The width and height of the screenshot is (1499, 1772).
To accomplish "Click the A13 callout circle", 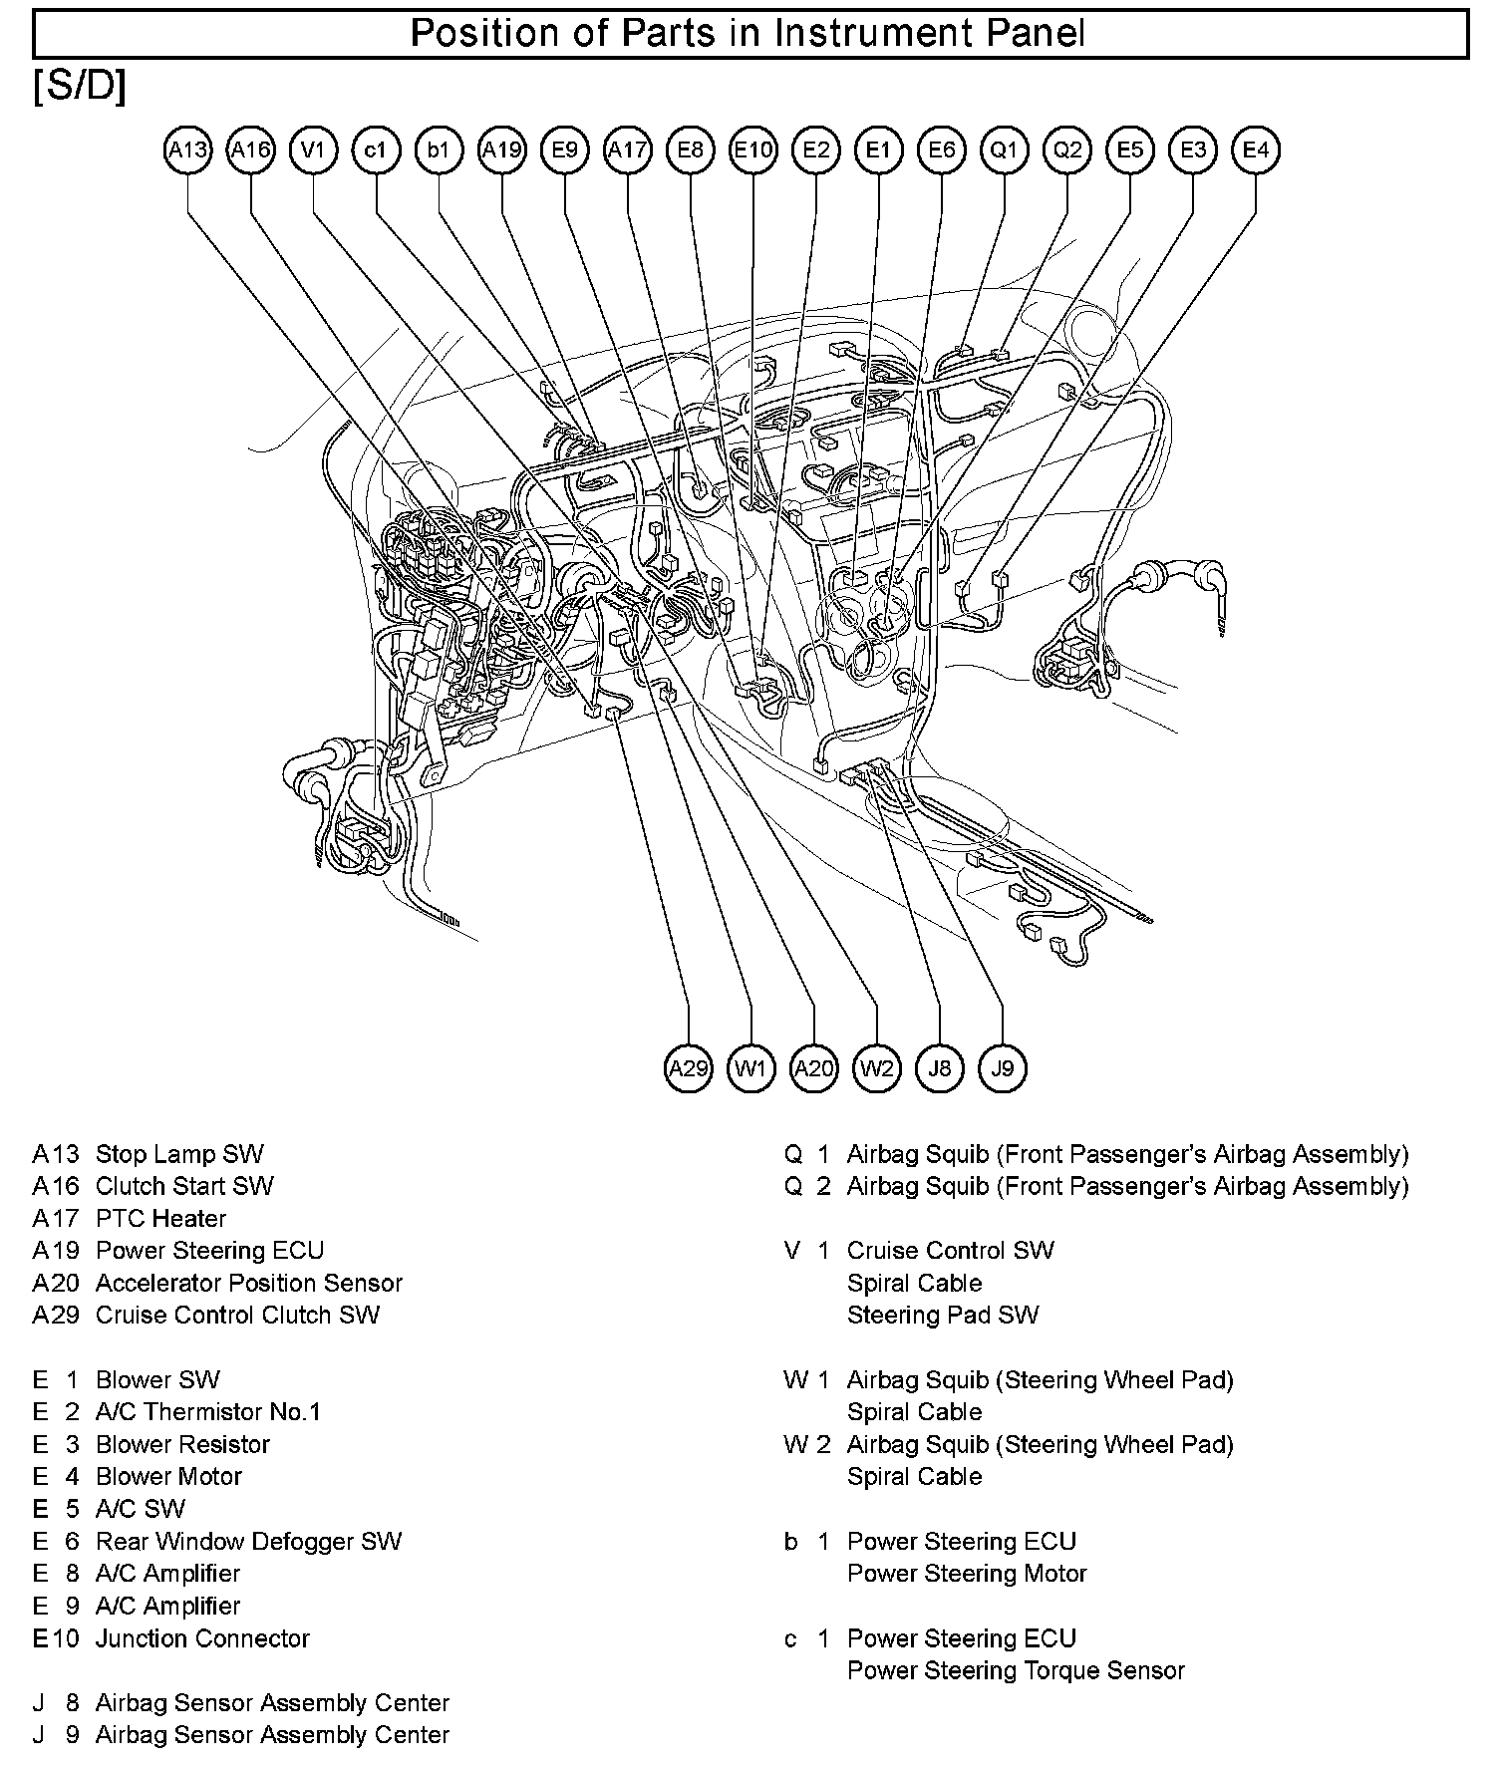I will (x=187, y=150).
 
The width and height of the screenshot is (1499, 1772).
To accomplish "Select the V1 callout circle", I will (x=313, y=150).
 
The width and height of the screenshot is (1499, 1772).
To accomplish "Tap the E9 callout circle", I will (x=565, y=150).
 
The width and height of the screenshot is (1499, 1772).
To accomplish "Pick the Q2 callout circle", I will (x=1067, y=150).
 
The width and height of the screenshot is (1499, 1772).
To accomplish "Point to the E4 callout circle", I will (x=1256, y=150).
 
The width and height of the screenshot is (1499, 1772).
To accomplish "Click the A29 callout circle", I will (x=689, y=1069).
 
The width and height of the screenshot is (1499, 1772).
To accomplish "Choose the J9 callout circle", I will (x=1003, y=1069).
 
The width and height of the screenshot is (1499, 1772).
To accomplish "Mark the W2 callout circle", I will (x=877, y=1069).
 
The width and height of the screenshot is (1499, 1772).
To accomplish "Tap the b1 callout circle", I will (x=439, y=150).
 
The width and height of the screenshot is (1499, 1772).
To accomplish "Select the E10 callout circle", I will (x=753, y=150).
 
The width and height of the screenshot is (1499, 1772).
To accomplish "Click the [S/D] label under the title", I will (x=80, y=88).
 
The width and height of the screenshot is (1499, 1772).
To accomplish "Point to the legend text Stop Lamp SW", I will (x=179, y=1154).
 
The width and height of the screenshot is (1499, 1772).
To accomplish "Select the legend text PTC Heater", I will (x=160, y=1219).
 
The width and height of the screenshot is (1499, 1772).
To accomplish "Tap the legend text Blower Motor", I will (x=168, y=1477).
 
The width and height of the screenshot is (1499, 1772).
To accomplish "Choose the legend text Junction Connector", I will (x=202, y=1638).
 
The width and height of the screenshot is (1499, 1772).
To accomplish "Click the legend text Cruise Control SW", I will (x=950, y=1251).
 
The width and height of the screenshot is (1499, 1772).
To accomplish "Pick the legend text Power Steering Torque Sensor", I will (x=1016, y=1670).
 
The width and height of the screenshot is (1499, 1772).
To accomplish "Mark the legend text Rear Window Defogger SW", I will (x=248, y=1542).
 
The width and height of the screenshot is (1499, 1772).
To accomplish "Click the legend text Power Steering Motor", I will (x=967, y=1574).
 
